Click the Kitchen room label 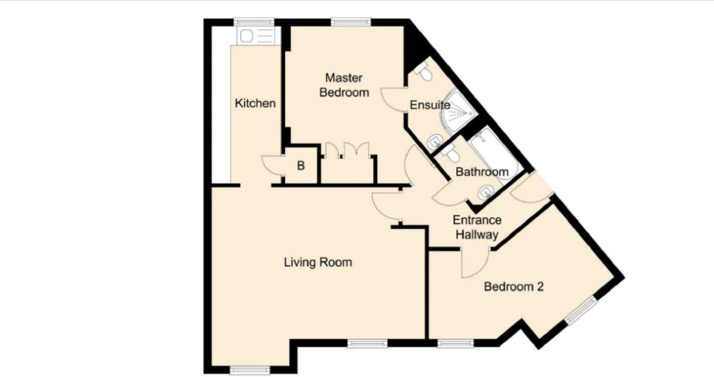point(255,103)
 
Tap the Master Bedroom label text point(344,85)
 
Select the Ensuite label point(430,105)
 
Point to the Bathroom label point(482,172)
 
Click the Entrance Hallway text point(477,227)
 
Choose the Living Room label point(318,262)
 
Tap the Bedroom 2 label point(514,286)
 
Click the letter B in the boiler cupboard point(301,166)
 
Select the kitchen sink point(257,36)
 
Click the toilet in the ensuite point(424,72)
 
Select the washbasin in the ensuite point(434,142)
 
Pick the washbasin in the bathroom point(486,193)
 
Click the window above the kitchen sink point(254,22)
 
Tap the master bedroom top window point(351,22)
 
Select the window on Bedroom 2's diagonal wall point(581,311)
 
